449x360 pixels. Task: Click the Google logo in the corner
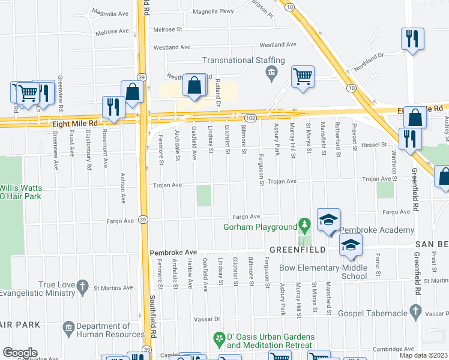pos(20,353)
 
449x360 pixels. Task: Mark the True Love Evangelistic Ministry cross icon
pos(81,289)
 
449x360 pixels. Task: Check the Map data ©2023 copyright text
pos(423,355)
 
